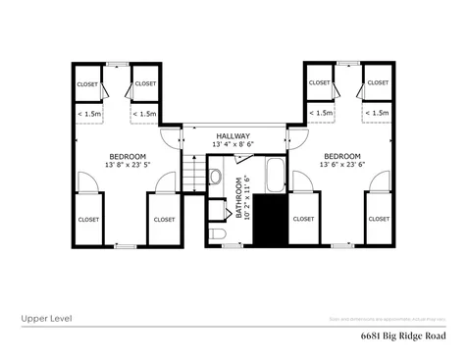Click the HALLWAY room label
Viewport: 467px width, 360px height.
(x=233, y=136)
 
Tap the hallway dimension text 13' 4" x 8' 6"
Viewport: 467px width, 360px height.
(x=233, y=145)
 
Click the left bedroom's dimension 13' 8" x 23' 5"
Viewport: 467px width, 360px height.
(x=127, y=165)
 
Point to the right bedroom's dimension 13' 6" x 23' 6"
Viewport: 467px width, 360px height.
(x=340, y=165)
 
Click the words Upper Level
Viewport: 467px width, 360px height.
(x=45, y=319)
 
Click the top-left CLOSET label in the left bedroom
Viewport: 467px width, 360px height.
(x=87, y=83)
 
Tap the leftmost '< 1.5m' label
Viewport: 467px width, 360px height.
(x=87, y=114)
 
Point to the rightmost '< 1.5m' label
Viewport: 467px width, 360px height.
(x=377, y=114)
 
